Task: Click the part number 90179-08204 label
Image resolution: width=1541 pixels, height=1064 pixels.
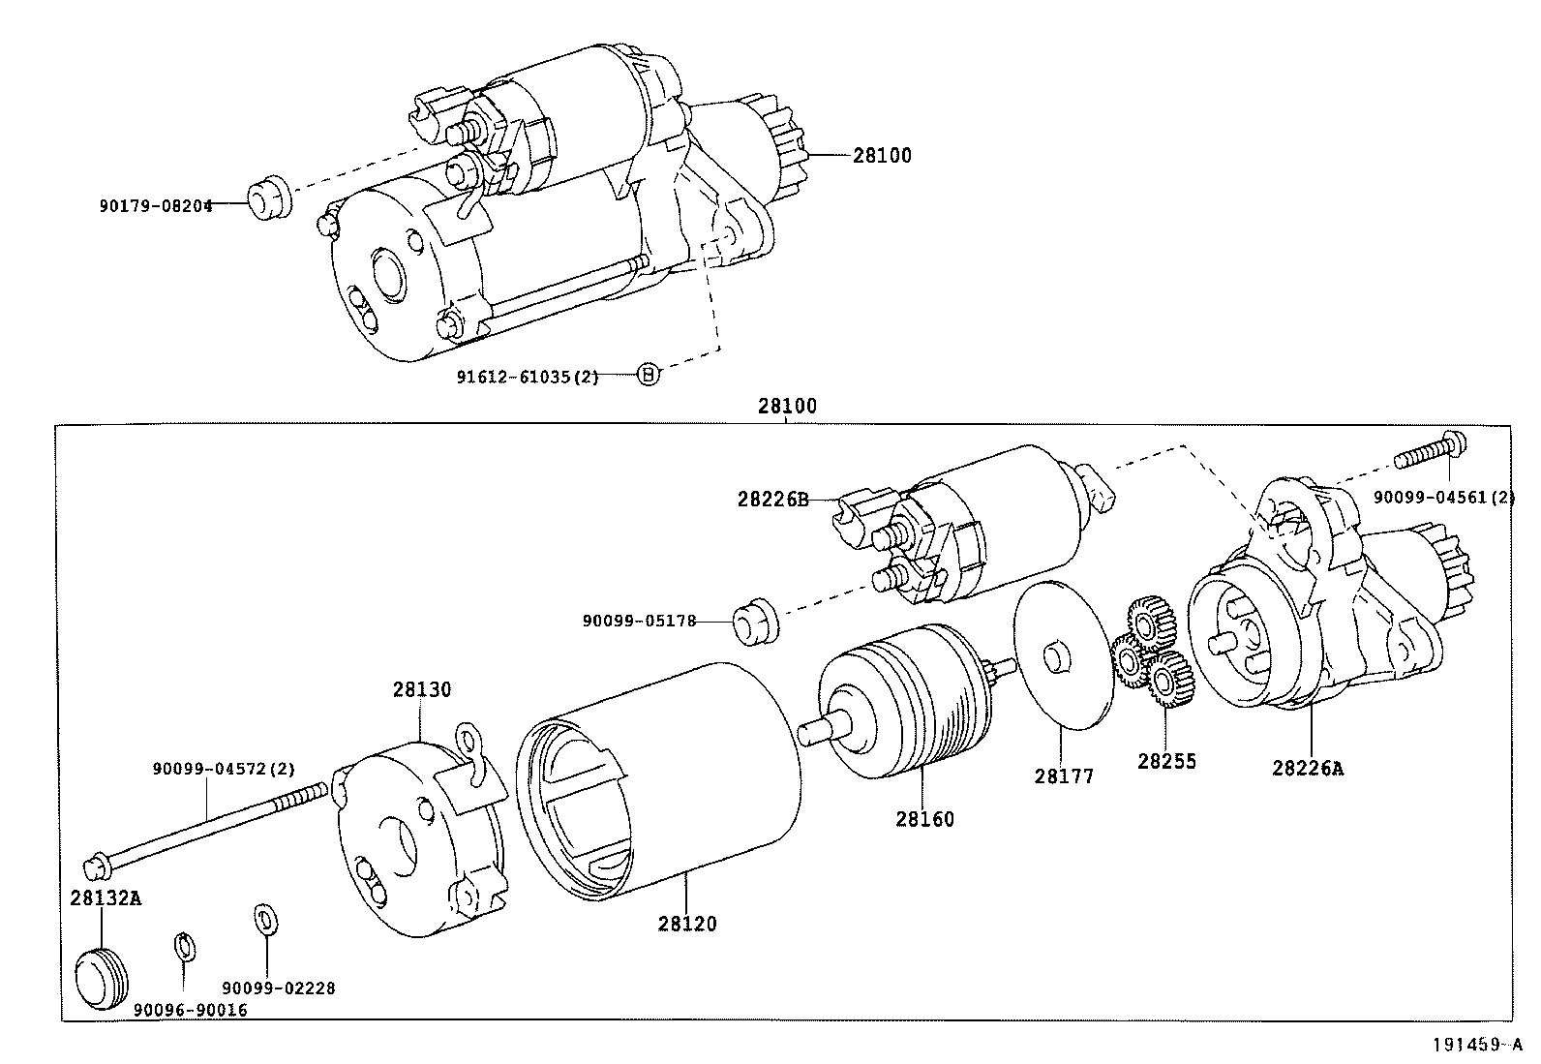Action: click(155, 205)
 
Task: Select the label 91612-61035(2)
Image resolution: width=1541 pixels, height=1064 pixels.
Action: click(528, 377)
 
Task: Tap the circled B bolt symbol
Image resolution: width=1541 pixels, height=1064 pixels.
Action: click(649, 374)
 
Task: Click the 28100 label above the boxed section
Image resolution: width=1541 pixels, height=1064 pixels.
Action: click(786, 407)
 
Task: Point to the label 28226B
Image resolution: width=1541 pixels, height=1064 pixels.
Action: click(771, 500)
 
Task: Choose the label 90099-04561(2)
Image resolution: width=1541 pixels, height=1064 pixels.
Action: click(1443, 498)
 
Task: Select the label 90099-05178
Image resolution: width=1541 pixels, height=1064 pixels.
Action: click(639, 621)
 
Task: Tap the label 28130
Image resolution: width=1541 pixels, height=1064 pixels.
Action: click(421, 690)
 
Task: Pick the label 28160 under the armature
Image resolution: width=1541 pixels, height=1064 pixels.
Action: click(923, 819)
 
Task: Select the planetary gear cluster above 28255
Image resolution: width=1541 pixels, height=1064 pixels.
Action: click(1152, 654)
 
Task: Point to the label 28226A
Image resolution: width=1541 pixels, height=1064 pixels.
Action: click(1308, 768)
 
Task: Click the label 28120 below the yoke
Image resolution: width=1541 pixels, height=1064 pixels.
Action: click(687, 924)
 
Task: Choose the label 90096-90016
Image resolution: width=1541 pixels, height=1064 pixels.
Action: click(190, 1010)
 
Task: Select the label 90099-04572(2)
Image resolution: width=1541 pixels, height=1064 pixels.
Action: click(223, 769)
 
